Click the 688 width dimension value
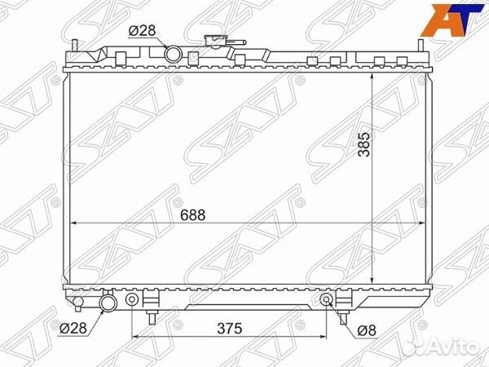[192, 215]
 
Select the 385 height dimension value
[364, 144]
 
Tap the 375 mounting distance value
[230, 329]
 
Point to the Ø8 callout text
[367, 330]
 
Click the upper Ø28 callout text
[142, 31]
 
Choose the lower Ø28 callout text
[73, 328]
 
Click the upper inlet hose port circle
[173, 54]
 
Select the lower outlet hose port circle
[108, 303]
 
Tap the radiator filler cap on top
[215, 41]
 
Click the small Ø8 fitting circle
[326, 299]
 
